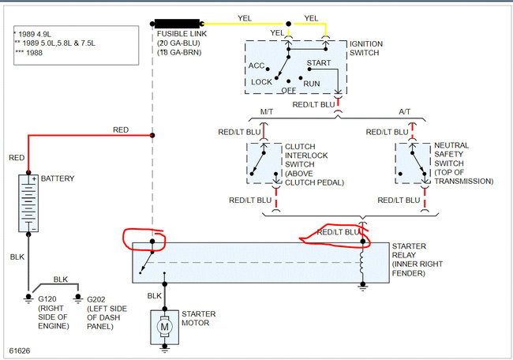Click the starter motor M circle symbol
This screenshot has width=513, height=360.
pyautogui.click(x=165, y=324)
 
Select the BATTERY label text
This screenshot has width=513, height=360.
pyautogui.click(x=57, y=178)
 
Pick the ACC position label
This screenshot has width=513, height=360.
pyautogui.click(x=256, y=66)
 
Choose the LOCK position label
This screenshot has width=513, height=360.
pyautogui.click(x=261, y=81)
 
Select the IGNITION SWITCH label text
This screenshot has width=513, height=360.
pyautogui.click(x=371, y=48)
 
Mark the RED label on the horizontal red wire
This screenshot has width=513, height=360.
pyautogui.click(x=121, y=129)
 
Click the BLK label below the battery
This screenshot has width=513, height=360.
pyautogui.click(x=18, y=257)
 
